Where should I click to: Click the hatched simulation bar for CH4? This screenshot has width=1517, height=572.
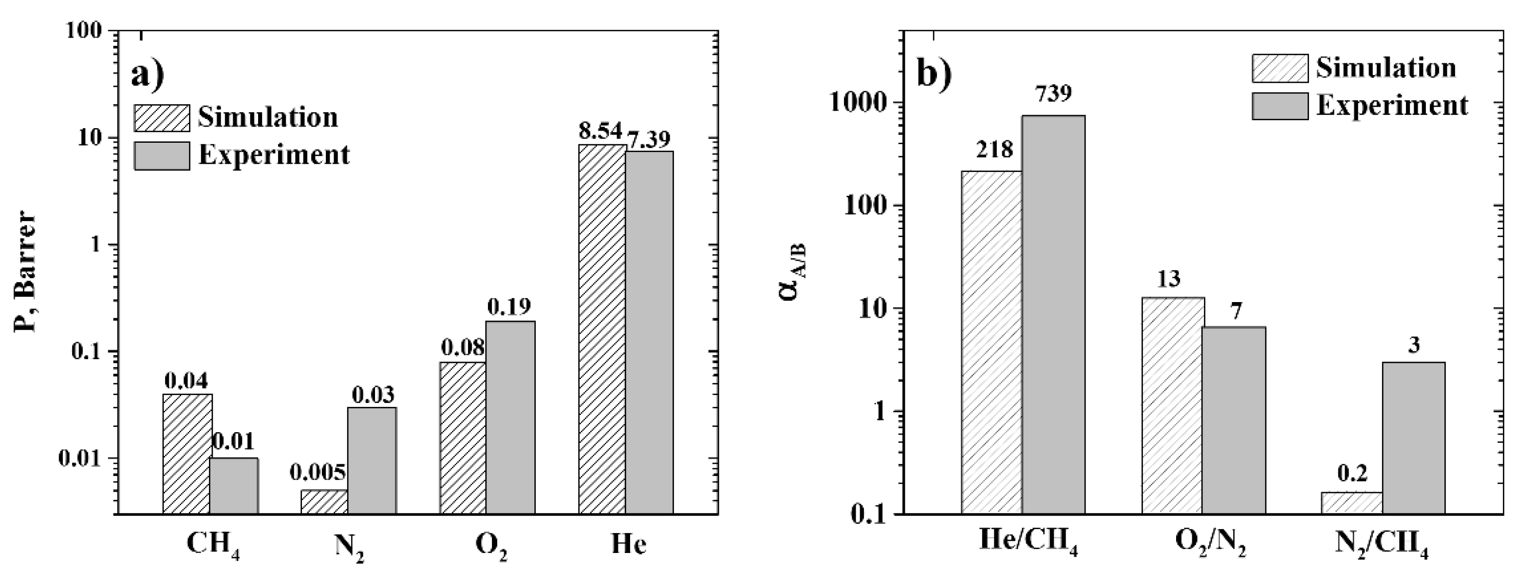click(x=187, y=454)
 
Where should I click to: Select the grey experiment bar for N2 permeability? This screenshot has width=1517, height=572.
click(x=372, y=460)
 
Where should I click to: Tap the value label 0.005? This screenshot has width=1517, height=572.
click(x=318, y=473)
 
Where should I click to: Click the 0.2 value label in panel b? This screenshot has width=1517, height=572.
click(x=1351, y=473)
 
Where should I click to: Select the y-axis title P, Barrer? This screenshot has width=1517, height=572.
click(x=25, y=272)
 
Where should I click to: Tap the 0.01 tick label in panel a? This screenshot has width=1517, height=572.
click(x=82, y=459)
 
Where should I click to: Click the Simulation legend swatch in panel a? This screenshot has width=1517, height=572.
click(x=162, y=118)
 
